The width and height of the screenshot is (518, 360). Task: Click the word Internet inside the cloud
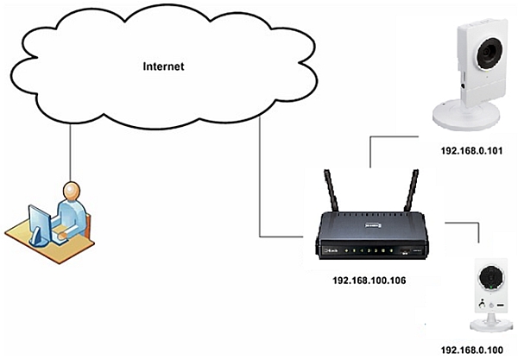(x=163, y=66)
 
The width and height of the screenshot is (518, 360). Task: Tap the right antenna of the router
(x=412, y=195)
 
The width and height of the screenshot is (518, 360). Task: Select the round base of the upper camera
(x=467, y=115)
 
